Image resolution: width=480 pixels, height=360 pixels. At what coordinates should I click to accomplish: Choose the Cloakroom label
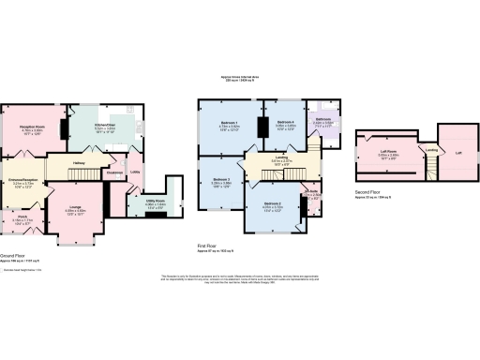116,172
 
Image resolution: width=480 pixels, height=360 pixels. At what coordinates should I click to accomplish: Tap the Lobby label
135,172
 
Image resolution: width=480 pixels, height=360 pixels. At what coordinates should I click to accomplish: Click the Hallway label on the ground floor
80,161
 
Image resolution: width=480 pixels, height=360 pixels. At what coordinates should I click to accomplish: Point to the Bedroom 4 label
286,122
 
